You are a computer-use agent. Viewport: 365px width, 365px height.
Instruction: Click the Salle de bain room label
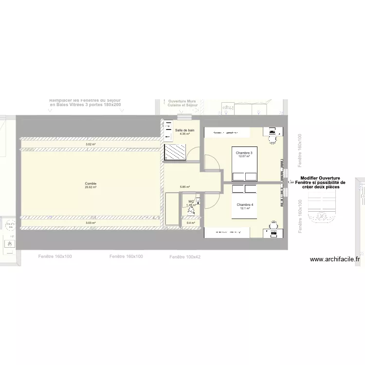coord(184,130)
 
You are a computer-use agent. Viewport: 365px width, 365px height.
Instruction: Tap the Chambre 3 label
coord(244,153)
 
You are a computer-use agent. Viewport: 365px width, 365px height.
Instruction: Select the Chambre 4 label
coord(245,205)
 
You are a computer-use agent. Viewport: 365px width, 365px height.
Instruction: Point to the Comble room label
coord(91,184)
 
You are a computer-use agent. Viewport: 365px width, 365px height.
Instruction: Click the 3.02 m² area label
coord(91,144)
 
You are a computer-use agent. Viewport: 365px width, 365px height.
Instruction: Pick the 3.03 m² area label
coord(91,223)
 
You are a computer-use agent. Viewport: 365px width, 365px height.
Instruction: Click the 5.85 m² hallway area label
coord(184,187)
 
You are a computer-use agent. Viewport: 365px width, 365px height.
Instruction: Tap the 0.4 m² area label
coord(190,223)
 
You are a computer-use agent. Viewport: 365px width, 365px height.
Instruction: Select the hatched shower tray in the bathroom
coord(175,152)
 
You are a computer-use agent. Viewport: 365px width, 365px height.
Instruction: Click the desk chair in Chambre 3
coord(273,140)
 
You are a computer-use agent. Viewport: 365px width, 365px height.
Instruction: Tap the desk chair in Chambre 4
coord(273,225)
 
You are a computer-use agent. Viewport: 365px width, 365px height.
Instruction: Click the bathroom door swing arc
coord(193,152)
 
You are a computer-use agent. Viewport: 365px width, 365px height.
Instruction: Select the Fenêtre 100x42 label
coord(184,256)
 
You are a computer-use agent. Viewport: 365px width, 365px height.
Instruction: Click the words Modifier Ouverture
coord(320,178)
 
